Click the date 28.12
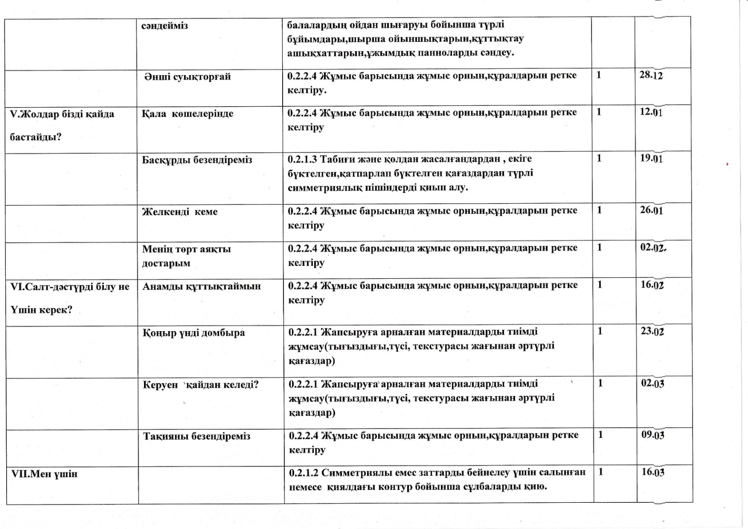(x=651, y=75)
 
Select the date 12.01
(x=651, y=112)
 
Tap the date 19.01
(x=652, y=158)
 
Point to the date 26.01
(x=652, y=210)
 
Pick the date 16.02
(x=652, y=285)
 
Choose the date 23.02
(x=652, y=331)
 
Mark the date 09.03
(x=652, y=434)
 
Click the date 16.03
(x=653, y=472)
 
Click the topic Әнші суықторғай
(x=188, y=76)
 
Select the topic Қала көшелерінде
(x=188, y=114)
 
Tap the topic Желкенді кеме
(x=180, y=212)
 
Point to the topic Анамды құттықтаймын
(x=202, y=286)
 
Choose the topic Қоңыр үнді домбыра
(x=194, y=333)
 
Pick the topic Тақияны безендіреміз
(x=196, y=436)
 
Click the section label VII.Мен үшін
(x=44, y=474)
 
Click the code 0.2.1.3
(x=303, y=159)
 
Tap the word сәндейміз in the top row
(x=165, y=26)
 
